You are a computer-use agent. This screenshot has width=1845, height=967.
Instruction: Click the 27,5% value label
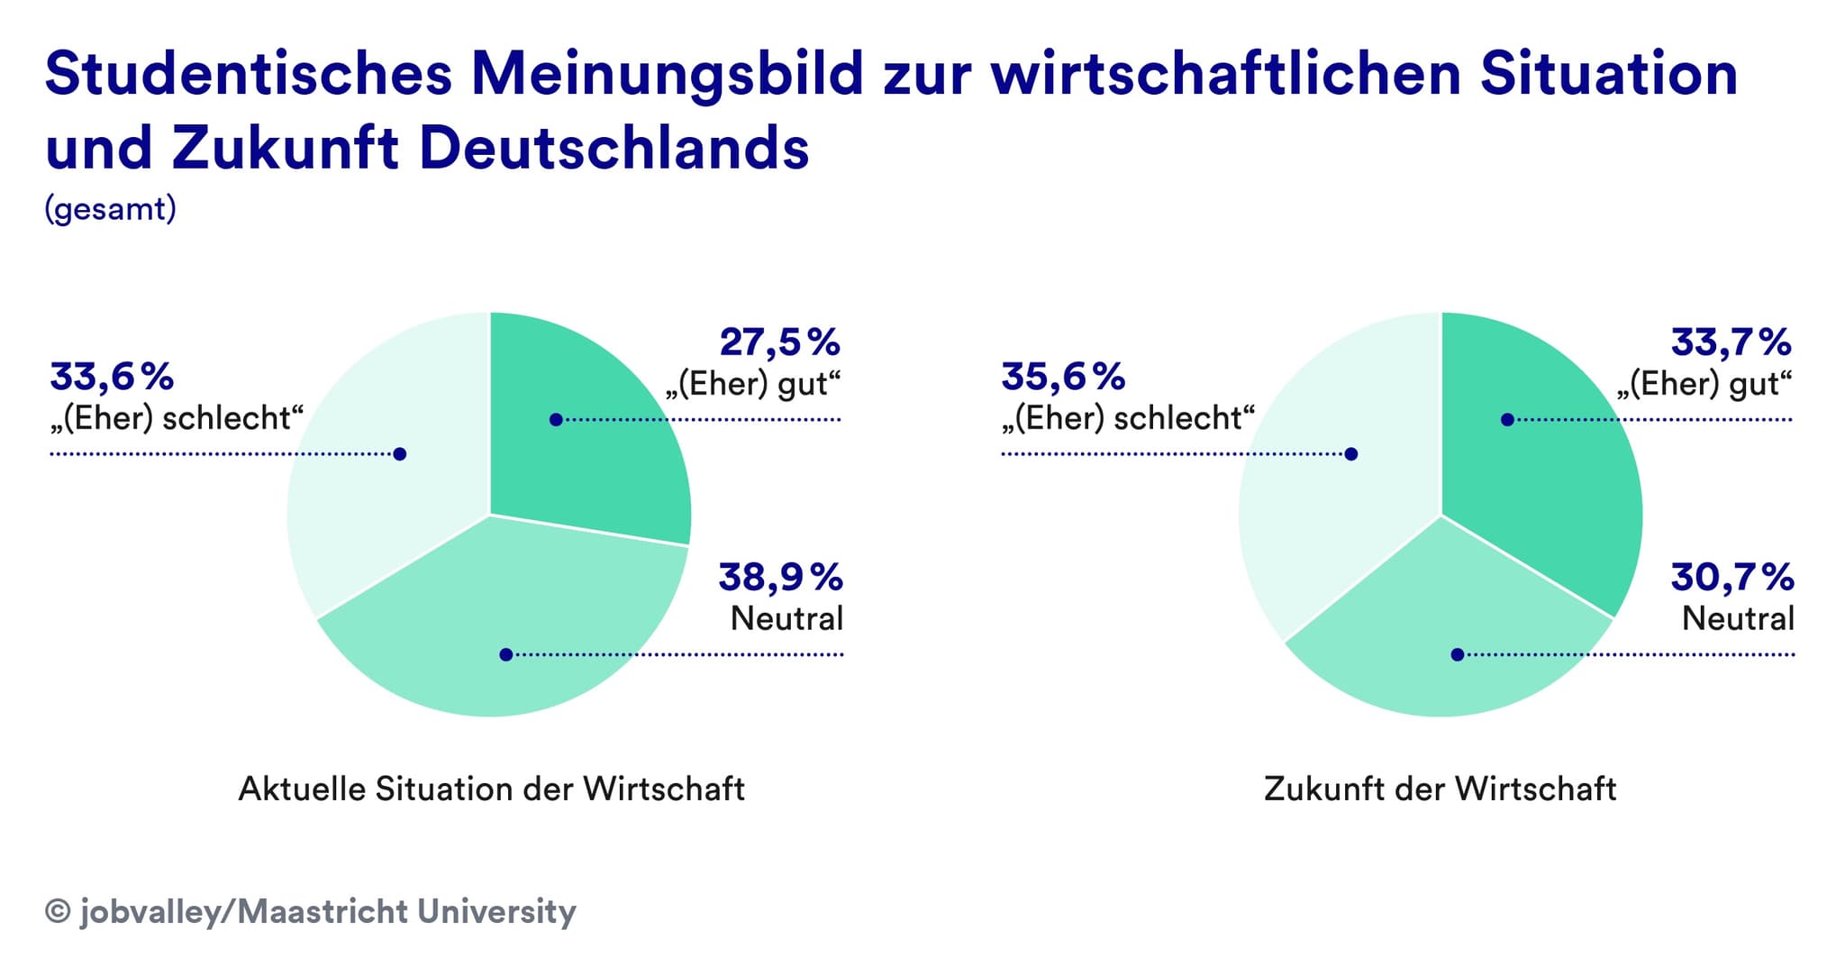pos(779,343)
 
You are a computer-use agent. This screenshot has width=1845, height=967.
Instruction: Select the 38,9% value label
pos(780,578)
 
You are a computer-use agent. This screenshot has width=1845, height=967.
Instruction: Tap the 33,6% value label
pos(112,378)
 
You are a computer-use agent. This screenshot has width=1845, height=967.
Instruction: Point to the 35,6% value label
pos(1063,378)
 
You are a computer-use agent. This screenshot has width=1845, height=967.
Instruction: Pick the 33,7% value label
pos(1731,343)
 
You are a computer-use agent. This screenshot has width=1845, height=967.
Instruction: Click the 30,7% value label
pos(1731,578)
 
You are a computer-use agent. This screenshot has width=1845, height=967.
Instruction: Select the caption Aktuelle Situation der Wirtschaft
pos(491,789)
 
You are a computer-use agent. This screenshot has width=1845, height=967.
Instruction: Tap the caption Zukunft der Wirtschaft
pos(1440,789)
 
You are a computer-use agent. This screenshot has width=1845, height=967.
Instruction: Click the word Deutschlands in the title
pos(614,148)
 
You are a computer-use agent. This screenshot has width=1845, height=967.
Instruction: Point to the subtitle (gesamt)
pos(110,209)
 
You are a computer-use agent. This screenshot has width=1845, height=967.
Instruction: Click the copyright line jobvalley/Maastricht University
pos(311,911)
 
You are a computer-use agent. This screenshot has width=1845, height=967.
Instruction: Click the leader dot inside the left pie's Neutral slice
pos(506,655)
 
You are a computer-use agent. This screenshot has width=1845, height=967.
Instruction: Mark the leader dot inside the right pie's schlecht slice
pos(1350,454)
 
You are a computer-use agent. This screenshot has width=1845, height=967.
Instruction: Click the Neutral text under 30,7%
pos(1738,619)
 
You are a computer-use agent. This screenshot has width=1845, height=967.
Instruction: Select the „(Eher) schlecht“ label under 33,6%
pos(177,419)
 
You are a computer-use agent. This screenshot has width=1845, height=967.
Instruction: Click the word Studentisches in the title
pos(248,74)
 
